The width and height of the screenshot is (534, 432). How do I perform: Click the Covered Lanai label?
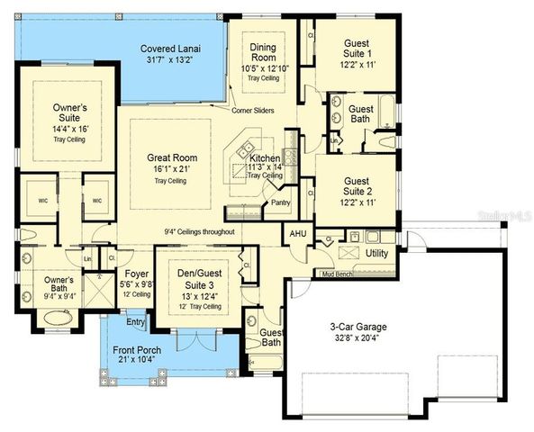click(169, 49)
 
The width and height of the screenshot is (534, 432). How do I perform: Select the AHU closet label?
click(297, 233)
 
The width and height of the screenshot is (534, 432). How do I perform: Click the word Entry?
click(136, 322)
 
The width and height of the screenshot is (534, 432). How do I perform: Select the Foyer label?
click(136, 272)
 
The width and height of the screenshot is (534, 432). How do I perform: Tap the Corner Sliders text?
click(254, 110)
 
